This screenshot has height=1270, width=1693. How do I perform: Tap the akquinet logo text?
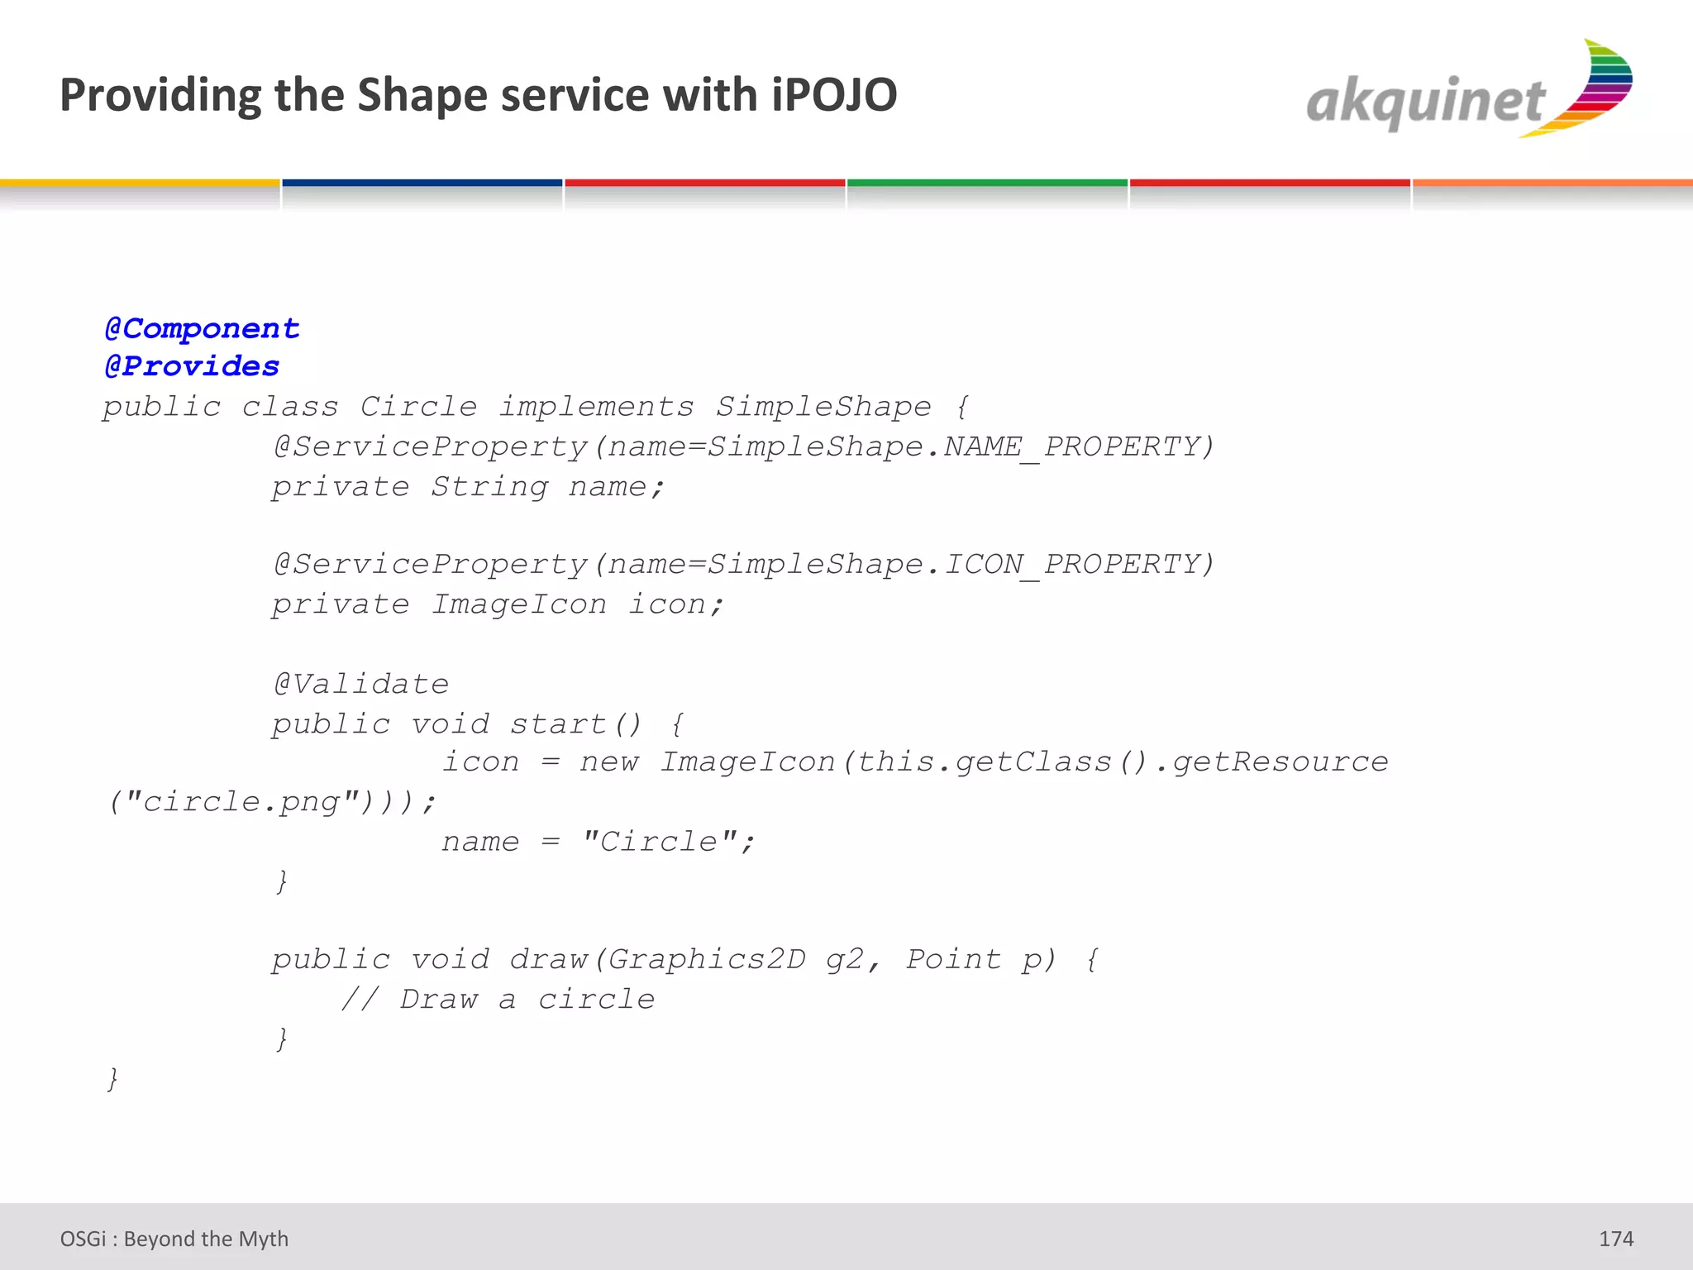point(1425,103)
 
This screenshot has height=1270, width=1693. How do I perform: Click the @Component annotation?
point(202,328)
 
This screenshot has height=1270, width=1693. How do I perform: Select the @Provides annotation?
point(192,366)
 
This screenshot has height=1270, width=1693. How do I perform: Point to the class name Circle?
point(418,407)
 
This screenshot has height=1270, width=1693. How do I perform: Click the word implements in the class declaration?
point(596,407)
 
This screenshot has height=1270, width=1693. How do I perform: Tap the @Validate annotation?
point(361,684)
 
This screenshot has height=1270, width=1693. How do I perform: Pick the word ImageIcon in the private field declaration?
point(519,604)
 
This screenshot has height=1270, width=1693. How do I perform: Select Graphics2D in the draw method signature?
point(707,959)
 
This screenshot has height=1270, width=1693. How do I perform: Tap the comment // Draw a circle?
point(498,1000)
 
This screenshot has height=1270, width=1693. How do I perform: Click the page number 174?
point(1615,1239)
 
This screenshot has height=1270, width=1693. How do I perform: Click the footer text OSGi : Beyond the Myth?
point(174,1239)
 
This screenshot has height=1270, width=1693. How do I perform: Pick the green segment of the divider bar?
point(987,183)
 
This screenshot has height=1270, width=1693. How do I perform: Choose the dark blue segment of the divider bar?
point(422,183)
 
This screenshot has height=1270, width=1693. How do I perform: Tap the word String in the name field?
point(489,487)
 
